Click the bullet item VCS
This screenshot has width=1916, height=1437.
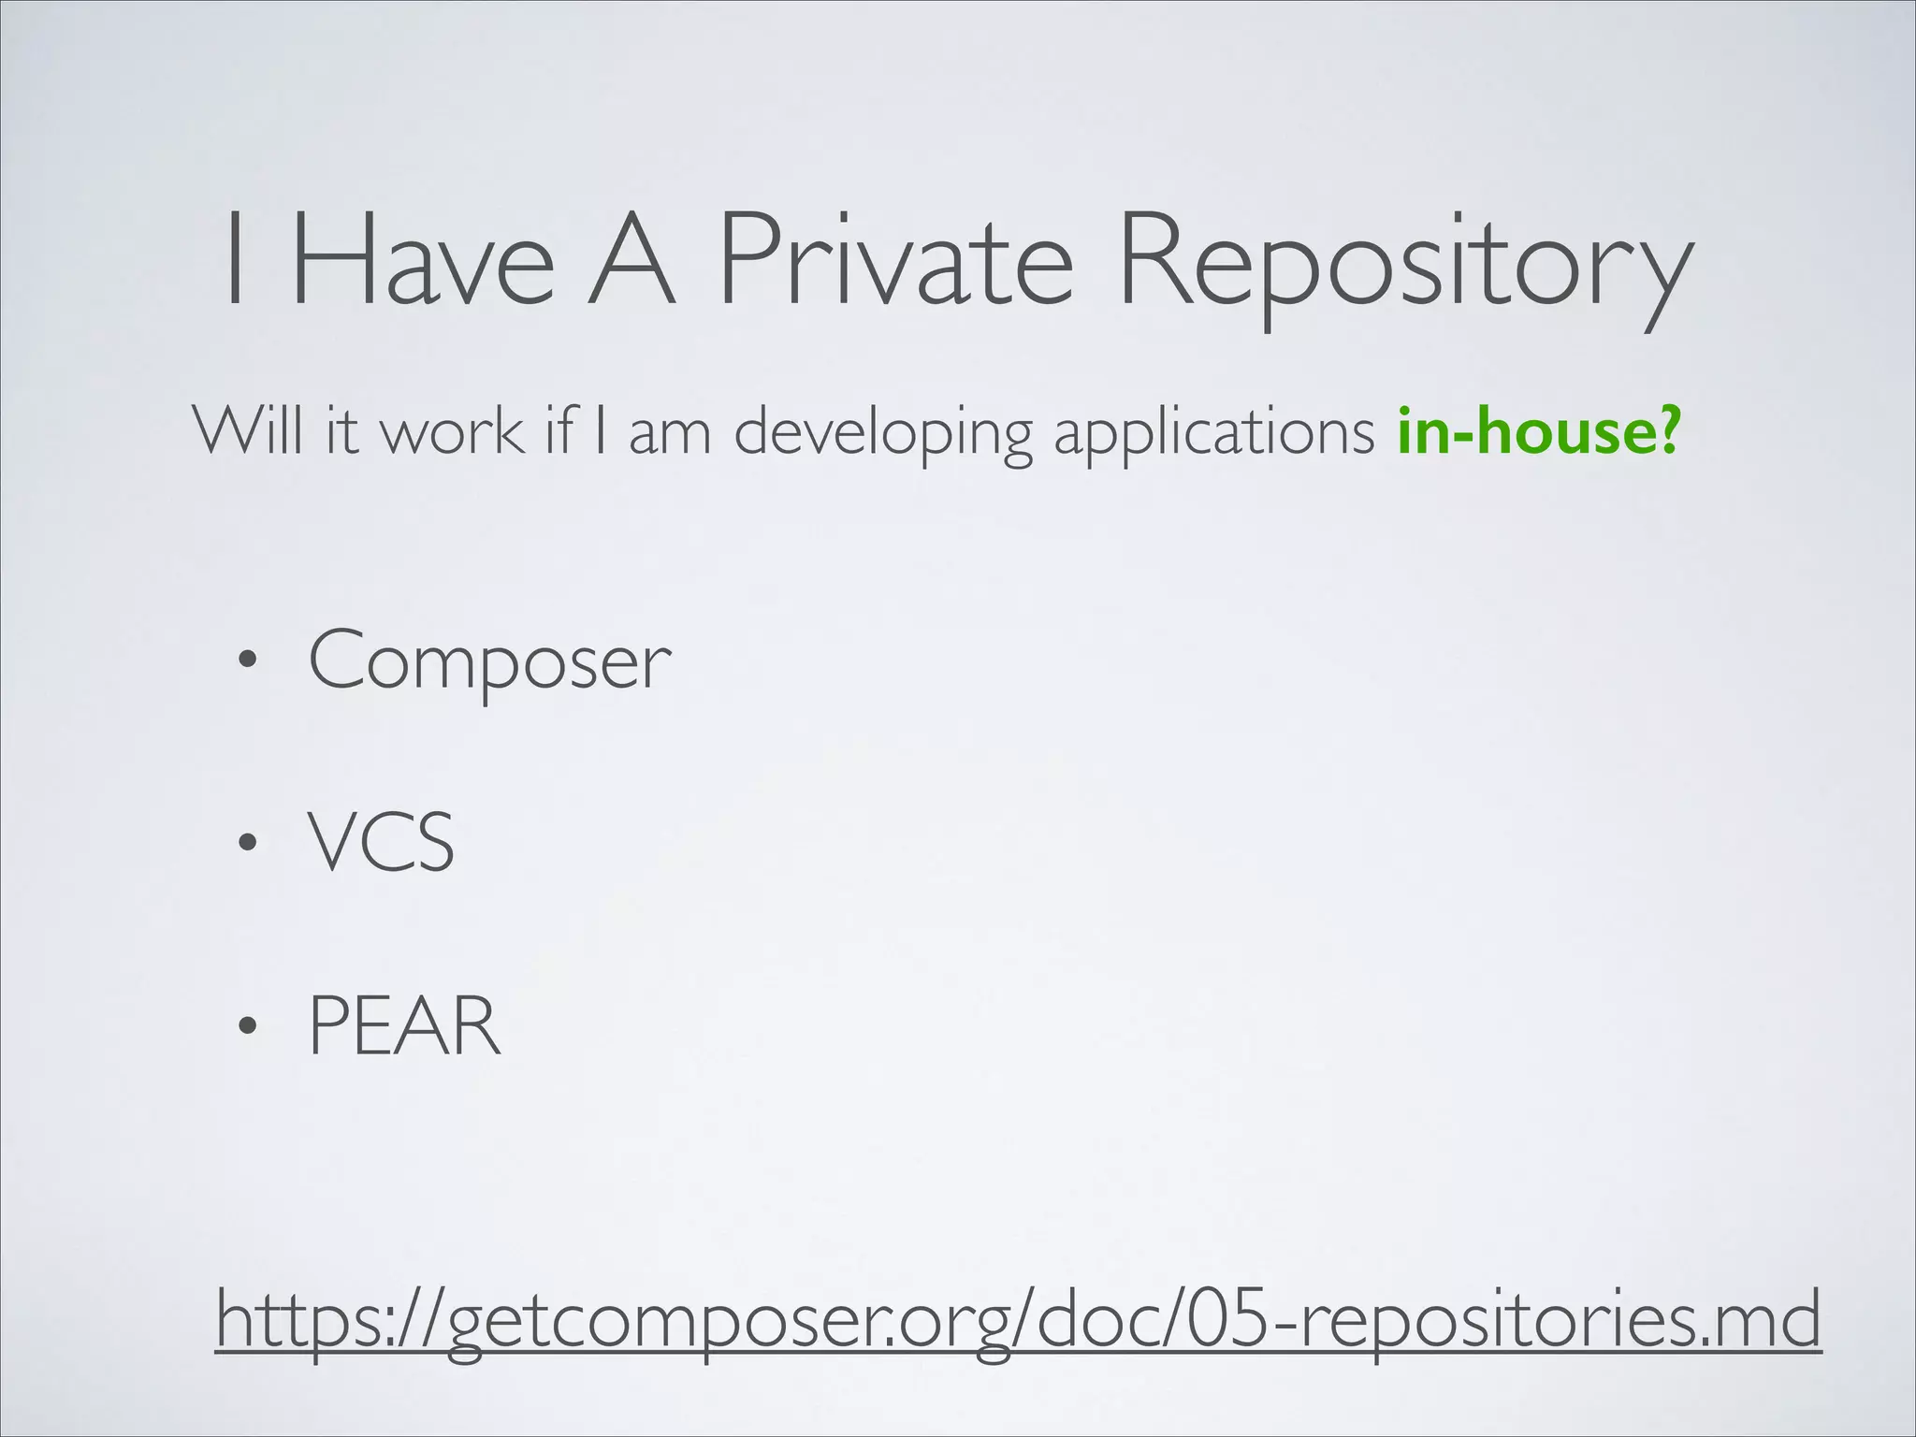[382, 842]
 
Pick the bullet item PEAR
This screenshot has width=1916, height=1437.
[404, 1025]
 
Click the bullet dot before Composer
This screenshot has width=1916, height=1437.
[246, 662]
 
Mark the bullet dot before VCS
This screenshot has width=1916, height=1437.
[246, 844]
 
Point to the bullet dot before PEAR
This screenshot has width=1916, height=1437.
[246, 1026]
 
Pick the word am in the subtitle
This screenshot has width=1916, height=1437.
[670, 432]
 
